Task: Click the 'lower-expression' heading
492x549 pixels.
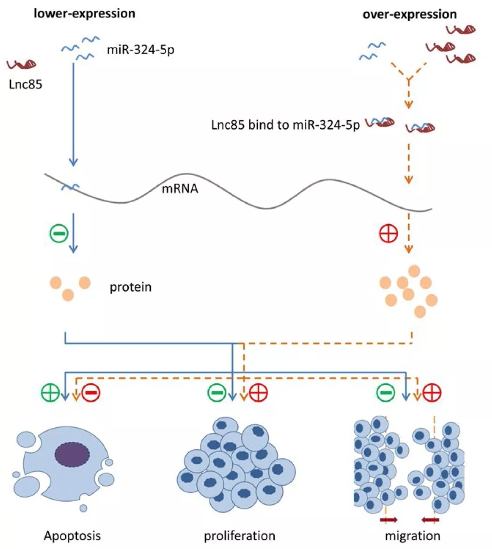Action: point(84,13)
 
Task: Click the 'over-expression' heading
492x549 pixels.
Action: point(410,14)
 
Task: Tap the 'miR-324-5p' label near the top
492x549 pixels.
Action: point(140,49)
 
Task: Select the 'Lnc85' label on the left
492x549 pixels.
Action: point(25,85)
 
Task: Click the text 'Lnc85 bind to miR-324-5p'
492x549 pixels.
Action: point(286,126)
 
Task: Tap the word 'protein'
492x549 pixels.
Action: point(131,286)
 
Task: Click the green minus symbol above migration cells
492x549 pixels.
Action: point(387,392)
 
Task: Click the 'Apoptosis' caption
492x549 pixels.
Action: point(72,535)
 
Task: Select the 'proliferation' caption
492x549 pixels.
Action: point(239,535)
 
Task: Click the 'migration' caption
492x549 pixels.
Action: point(412,535)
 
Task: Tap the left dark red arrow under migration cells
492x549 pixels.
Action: point(388,520)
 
